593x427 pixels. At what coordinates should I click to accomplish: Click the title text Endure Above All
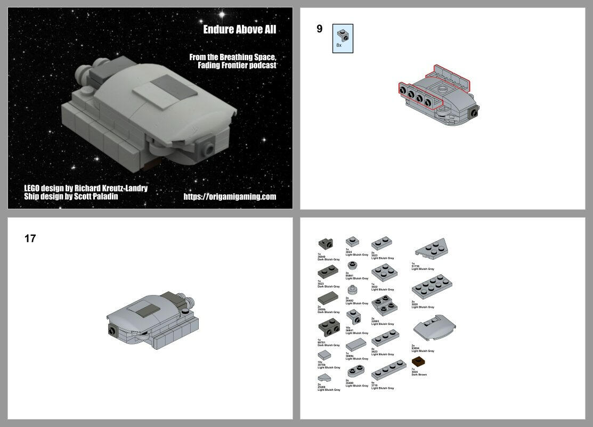coord(240,29)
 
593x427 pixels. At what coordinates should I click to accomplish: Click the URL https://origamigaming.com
coord(230,196)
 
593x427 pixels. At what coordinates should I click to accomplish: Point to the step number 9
coord(319,29)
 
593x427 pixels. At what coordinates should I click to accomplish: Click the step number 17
coord(30,239)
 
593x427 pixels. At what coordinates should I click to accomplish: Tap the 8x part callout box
coord(343,38)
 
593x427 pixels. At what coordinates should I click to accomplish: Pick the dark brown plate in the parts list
coord(418,362)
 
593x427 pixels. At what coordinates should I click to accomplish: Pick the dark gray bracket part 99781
coord(327,326)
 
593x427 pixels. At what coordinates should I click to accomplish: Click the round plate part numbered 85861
coord(352,265)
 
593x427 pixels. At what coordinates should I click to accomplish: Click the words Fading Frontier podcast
coord(237,65)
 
